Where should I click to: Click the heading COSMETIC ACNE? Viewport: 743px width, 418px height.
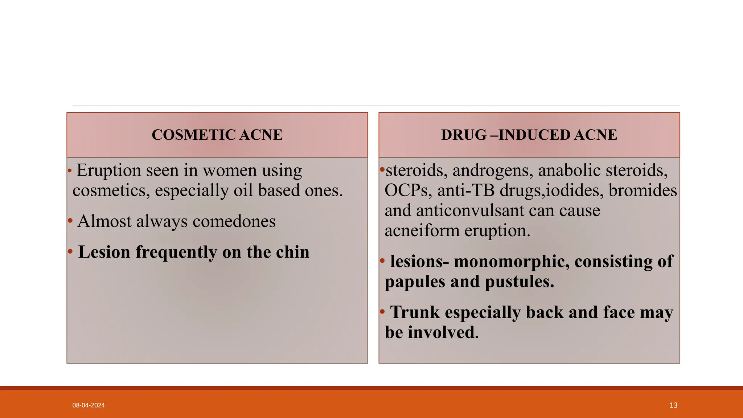tap(217, 135)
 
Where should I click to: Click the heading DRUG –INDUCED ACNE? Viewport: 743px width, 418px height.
tap(529, 135)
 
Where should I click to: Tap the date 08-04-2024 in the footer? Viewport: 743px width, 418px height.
tap(89, 405)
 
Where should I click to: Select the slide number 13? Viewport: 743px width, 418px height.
tap(673, 405)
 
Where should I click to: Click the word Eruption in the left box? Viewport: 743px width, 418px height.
tap(109, 171)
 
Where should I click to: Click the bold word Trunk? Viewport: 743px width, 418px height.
tap(415, 312)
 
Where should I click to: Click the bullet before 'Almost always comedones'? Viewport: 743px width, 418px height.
tap(70, 221)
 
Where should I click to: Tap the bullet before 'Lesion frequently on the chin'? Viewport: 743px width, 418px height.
tap(70, 251)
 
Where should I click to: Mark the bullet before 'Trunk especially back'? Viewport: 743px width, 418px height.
tap(382, 312)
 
